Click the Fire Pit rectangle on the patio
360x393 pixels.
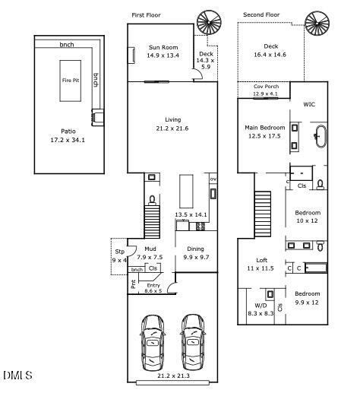point(71,81)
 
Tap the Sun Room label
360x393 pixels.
point(163,47)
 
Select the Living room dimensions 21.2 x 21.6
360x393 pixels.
point(172,128)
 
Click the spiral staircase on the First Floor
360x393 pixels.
point(209,23)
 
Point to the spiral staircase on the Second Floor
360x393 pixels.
point(317,23)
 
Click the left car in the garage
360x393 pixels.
point(153,342)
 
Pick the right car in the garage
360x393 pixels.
point(193,342)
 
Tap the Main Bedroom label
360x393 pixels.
point(265,128)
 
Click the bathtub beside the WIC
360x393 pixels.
point(321,136)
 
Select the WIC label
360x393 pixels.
point(309,104)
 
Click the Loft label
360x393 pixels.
point(261,260)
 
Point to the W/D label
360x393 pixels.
point(261,306)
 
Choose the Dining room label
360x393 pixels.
point(195,249)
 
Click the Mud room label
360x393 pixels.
point(150,249)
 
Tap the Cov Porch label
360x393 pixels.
point(266,87)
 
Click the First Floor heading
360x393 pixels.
point(146,15)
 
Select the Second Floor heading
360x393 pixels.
point(261,14)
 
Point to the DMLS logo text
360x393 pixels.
point(17,375)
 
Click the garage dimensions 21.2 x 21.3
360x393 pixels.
point(173,376)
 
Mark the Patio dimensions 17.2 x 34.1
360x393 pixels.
point(68,140)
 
